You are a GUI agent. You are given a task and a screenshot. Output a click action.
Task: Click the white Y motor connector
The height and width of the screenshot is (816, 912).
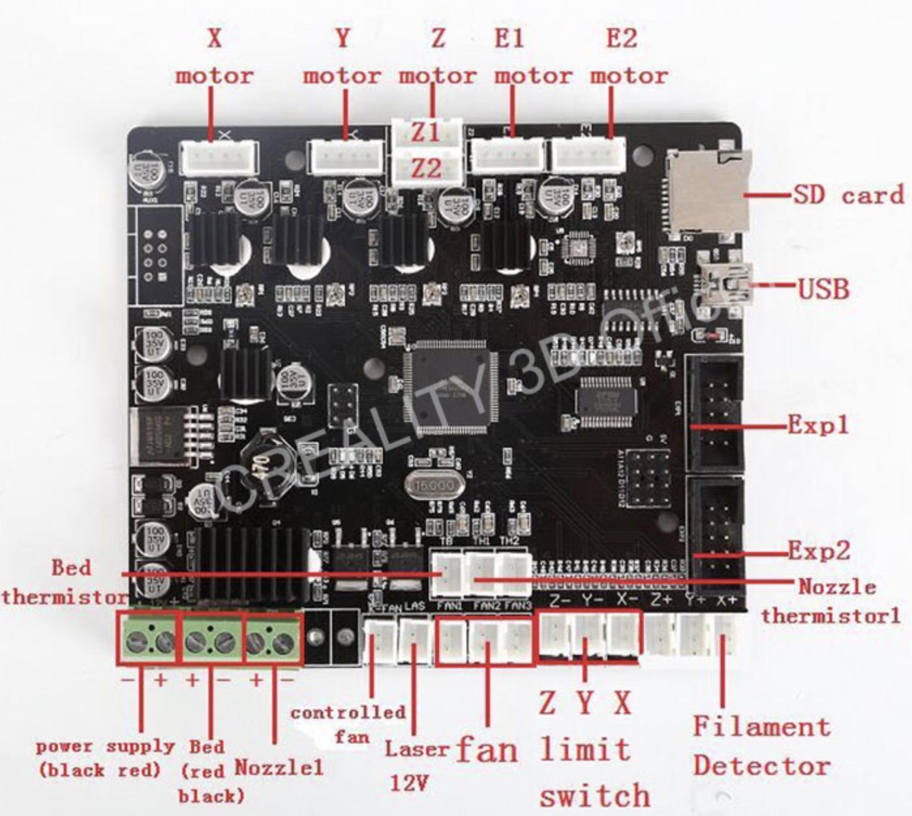pyautogui.click(x=346, y=158)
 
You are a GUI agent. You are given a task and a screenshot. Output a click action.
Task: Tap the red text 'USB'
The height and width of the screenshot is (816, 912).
pyautogui.click(x=824, y=288)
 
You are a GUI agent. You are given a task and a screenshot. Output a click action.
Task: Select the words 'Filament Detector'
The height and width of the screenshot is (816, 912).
pyautogui.click(x=761, y=746)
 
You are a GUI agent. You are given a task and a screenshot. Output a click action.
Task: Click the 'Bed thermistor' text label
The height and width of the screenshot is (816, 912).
pyautogui.click(x=65, y=581)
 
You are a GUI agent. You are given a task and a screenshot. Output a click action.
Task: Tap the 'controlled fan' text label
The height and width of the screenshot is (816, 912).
pyautogui.click(x=349, y=724)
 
